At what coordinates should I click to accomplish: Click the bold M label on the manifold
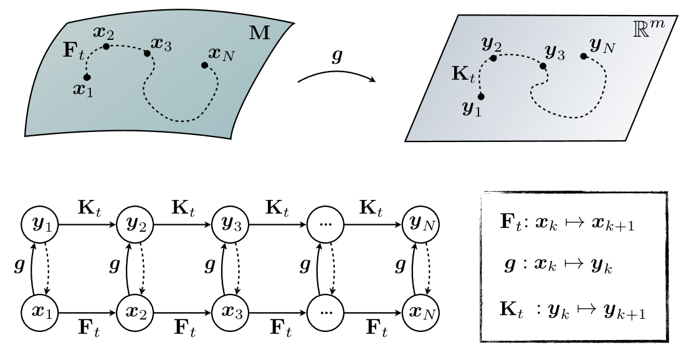coord(260,33)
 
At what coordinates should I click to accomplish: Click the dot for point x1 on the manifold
coord(87,77)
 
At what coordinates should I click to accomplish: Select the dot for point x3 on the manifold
coord(148,53)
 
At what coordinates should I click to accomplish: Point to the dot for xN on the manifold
coord(204,65)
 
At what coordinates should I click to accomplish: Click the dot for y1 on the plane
coord(481,97)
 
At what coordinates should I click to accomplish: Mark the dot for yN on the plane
coord(583,56)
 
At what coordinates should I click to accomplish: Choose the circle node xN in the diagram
coord(418,310)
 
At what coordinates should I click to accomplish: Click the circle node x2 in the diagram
coord(131,310)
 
